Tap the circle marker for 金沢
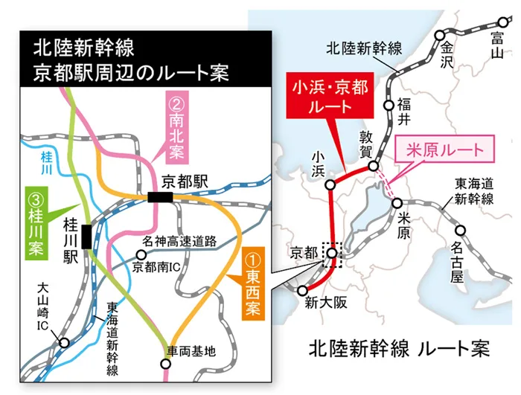(440, 35)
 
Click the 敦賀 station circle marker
(374, 166)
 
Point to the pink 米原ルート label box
(444, 150)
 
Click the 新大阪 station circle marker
(303, 291)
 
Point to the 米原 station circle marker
(397, 202)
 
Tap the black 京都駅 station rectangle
(160, 197)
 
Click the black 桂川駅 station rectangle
(88, 236)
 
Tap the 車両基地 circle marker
(165, 364)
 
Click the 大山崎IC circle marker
(65, 343)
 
